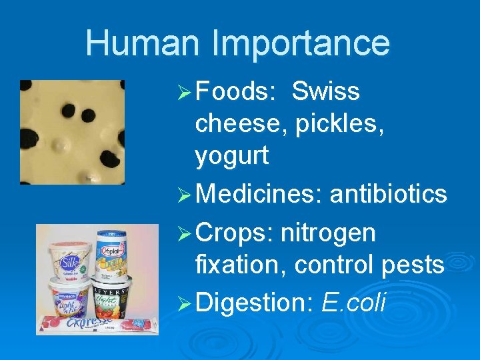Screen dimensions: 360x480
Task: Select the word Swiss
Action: (x=325, y=91)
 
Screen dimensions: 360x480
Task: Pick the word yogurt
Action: (x=232, y=157)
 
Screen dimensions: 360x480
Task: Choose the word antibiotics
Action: (x=388, y=194)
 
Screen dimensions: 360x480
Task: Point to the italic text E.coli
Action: (x=353, y=303)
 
